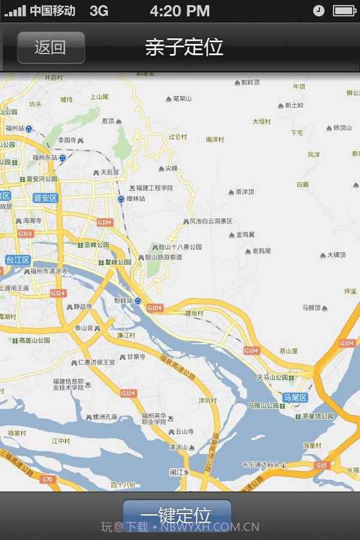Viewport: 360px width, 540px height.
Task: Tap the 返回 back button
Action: [50, 47]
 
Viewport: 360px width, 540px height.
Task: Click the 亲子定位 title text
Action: [184, 47]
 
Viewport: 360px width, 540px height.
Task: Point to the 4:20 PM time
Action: [179, 10]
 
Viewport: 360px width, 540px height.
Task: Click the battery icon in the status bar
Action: [344, 10]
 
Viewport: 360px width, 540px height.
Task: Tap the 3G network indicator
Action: [99, 10]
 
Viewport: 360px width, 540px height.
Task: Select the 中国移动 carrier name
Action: [53, 10]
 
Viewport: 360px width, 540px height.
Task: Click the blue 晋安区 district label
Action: [45, 198]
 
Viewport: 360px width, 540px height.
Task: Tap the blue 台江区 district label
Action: [18, 260]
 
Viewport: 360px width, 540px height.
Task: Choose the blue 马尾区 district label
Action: [295, 398]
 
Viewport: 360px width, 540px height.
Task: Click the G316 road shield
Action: [25, 233]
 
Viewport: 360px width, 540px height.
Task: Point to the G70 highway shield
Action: [47, 479]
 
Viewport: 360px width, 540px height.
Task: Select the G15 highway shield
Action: [322, 465]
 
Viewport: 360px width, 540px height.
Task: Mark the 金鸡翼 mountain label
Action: [245, 235]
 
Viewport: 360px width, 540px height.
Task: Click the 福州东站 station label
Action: [45, 158]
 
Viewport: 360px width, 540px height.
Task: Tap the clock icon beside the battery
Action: [319, 10]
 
